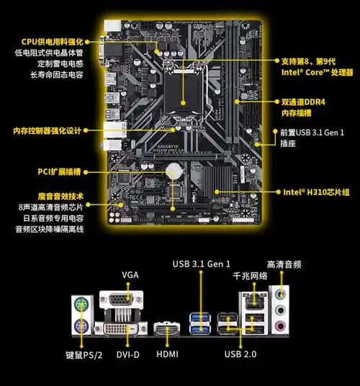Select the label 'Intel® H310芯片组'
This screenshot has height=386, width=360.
point(316,192)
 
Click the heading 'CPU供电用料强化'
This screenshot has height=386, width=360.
point(53,42)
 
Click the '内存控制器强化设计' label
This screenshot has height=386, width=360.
point(48,131)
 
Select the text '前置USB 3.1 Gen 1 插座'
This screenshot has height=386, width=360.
point(311,138)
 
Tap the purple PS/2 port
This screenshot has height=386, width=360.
point(81,328)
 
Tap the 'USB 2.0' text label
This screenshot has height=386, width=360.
point(241,354)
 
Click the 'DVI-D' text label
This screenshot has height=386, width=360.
point(129,355)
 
